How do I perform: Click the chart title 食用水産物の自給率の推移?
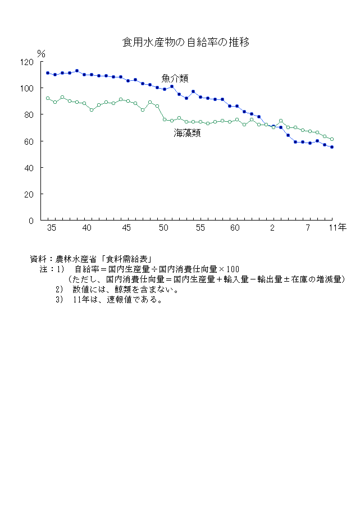click(x=186, y=42)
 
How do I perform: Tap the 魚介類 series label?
click(x=175, y=78)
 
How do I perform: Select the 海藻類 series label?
click(x=187, y=133)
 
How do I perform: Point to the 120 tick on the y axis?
click(x=27, y=62)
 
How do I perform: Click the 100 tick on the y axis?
click(x=27, y=88)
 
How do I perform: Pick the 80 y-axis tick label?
click(x=29, y=114)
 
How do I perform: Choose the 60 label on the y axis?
click(x=29, y=141)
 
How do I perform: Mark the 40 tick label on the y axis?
click(x=29, y=168)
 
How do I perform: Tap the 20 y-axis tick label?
click(x=29, y=194)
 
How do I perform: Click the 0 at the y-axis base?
click(x=31, y=221)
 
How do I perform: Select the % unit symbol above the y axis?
click(x=41, y=53)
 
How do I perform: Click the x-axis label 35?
click(x=52, y=228)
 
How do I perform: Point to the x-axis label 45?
click(x=126, y=228)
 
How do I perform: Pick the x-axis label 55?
click(x=200, y=228)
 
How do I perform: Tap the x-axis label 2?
click(x=273, y=228)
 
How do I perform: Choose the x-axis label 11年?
click(x=337, y=228)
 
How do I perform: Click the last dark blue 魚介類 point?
click(x=332, y=147)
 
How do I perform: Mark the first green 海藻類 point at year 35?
click(x=48, y=98)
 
